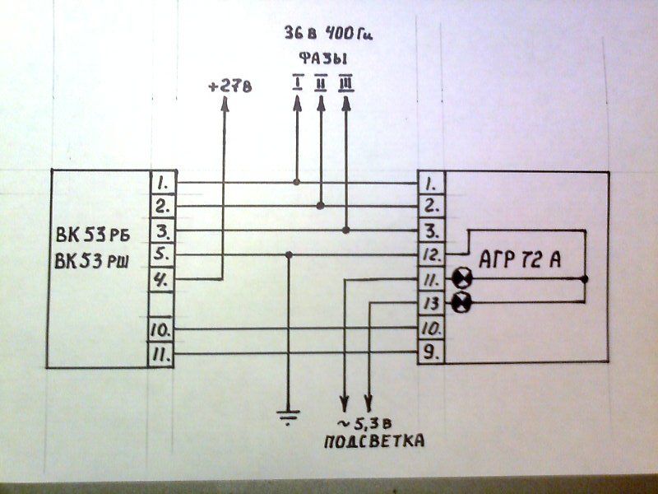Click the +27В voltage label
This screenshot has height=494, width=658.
(230, 87)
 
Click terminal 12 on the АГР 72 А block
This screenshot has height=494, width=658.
(431, 255)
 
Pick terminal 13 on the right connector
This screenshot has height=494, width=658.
(431, 303)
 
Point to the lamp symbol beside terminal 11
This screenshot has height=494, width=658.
(462, 278)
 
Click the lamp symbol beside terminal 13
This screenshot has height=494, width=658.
(462, 301)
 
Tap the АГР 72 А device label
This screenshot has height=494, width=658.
(520, 259)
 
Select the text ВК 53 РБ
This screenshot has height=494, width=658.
(93, 235)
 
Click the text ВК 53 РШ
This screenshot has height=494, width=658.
(91, 261)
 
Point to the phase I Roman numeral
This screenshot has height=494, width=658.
(298, 84)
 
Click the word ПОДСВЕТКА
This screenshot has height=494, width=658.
(374, 441)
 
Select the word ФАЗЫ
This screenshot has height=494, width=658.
(323, 58)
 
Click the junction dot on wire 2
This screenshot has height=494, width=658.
(320, 206)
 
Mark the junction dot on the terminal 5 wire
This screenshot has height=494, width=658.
(289, 254)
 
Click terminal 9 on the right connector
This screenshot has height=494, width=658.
(431, 352)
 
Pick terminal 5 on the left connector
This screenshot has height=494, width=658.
(162, 254)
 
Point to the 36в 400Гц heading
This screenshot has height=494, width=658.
(328, 33)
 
